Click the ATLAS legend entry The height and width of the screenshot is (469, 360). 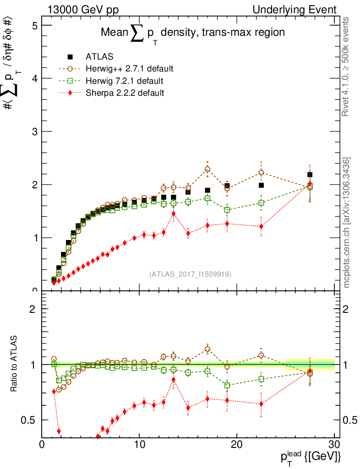(x=99, y=57)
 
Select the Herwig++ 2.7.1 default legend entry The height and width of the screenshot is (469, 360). (x=129, y=69)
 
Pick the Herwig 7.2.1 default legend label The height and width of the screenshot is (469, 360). (x=124, y=81)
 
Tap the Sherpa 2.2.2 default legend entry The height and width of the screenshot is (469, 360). (x=125, y=93)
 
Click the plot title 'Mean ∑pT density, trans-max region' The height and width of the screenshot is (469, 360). (x=193, y=33)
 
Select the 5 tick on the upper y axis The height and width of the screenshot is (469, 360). (x=34, y=25)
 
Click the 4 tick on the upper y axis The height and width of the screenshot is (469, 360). (x=34, y=78)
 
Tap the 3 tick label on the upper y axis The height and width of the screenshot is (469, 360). (x=34, y=131)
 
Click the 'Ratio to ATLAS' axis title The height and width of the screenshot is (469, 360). (x=15, y=364)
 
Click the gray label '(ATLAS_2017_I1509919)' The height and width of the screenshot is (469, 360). (x=190, y=274)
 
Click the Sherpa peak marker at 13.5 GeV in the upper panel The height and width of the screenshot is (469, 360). (x=173, y=213)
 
